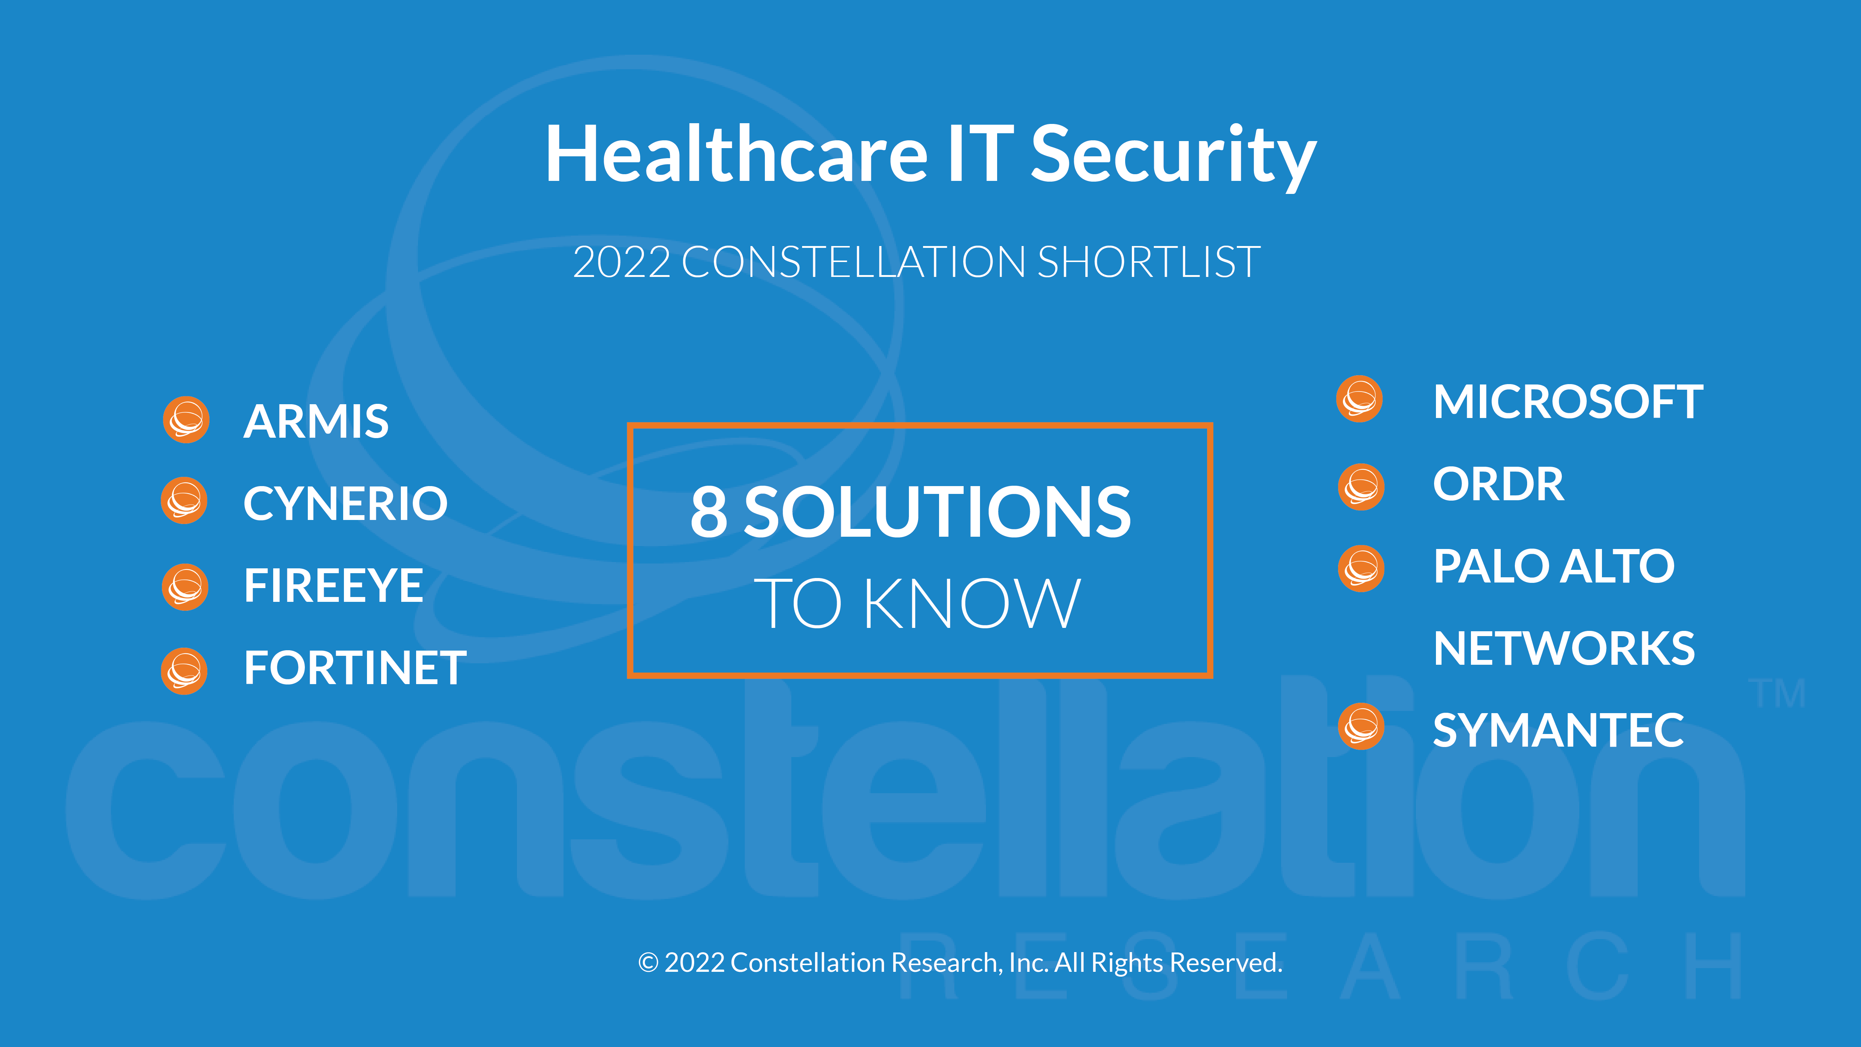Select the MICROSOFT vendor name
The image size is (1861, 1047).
[1568, 402]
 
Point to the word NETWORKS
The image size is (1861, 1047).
[1564, 648]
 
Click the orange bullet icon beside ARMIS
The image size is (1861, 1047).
[186, 420]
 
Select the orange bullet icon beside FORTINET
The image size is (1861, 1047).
[184, 671]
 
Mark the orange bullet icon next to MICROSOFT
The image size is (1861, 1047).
[1360, 399]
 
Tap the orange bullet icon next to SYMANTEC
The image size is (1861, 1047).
[1361, 726]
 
